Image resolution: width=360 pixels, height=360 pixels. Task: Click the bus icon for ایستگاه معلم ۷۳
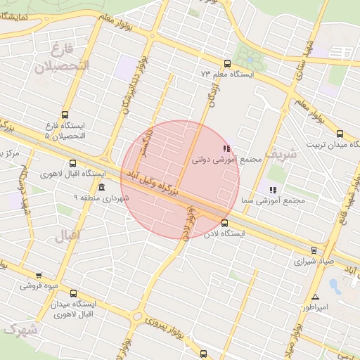click(x=226, y=63)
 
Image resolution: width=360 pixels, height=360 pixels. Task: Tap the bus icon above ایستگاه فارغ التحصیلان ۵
click(x=65, y=115)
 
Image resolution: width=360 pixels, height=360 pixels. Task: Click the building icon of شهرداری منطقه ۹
click(x=103, y=187)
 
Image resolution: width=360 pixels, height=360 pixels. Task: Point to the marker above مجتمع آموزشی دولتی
click(x=226, y=148)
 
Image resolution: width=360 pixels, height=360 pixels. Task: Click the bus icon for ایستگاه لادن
click(x=224, y=224)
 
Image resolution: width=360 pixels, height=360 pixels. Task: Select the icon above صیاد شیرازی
click(x=314, y=250)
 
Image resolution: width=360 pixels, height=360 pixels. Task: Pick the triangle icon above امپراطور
click(x=315, y=297)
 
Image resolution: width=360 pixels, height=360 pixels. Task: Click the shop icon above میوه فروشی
click(x=39, y=276)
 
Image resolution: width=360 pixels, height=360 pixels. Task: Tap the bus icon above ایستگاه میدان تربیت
click(x=340, y=133)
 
